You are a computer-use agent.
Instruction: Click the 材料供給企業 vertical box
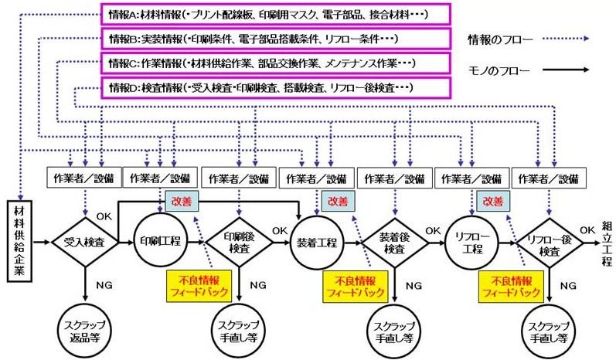(22, 239)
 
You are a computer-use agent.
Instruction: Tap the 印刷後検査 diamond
(239, 241)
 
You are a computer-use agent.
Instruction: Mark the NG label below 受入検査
(104, 284)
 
